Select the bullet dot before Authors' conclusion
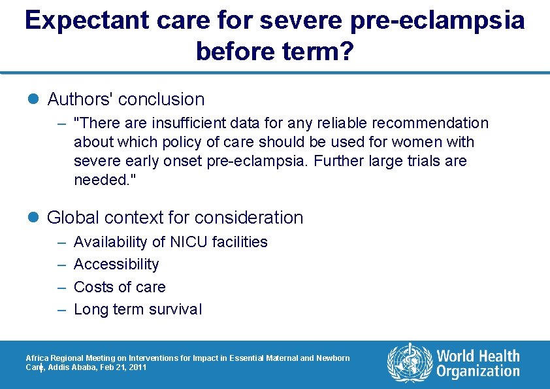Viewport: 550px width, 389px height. click(x=35, y=99)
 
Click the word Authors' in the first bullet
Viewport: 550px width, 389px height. click(x=79, y=99)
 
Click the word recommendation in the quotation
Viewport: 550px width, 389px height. click(x=428, y=124)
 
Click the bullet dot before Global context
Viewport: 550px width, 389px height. click(x=35, y=218)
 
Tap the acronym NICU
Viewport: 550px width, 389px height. click(x=188, y=242)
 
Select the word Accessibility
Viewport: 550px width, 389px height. click(x=116, y=264)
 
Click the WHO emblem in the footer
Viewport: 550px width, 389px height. click(x=410, y=362)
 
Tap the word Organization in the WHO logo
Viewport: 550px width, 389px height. click(x=478, y=372)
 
